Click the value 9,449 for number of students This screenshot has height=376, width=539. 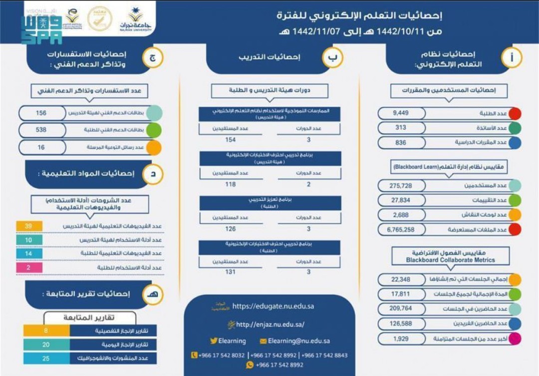click(x=400, y=113)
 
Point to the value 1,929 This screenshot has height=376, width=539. click(x=401, y=339)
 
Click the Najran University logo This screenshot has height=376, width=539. click(x=135, y=19)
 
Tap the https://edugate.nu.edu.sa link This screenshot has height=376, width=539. click(x=273, y=306)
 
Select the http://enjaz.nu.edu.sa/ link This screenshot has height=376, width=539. click(x=270, y=325)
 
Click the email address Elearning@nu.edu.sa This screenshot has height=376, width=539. click(x=298, y=341)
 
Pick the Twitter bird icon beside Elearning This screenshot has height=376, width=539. click(x=214, y=341)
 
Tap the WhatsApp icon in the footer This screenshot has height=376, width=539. click(x=250, y=365)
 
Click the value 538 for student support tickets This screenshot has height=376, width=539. click(x=41, y=130)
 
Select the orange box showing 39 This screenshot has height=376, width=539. click(x=29, y=226)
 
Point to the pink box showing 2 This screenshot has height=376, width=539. click(x=29, y=268)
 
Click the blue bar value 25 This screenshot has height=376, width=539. click(x=46, y=359)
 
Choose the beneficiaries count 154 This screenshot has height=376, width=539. click(x=231, y=140)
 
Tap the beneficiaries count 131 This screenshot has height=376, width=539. click(x=231, y=272)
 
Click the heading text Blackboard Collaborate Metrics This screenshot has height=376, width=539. click(x=450, y=260)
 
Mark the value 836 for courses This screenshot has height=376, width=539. click(x=400, y=142)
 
